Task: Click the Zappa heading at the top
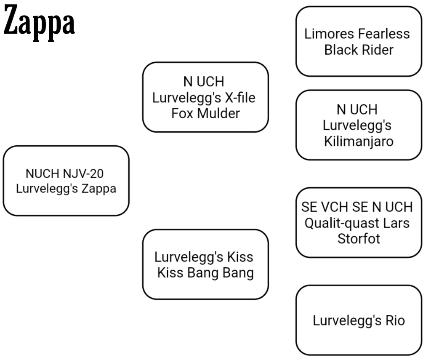[39, 24]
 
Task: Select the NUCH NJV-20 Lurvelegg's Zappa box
[66, 181]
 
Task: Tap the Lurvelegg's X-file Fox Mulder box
[205, 97]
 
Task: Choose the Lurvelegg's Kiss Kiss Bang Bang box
[205, 264]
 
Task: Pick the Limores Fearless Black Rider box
[359, 41]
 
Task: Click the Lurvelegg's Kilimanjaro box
[359, 125]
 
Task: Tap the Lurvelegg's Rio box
[359, 320]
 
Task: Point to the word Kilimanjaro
[359, 141]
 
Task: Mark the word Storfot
[359, 238]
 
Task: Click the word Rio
[395, 320]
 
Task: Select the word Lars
[396, 223]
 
